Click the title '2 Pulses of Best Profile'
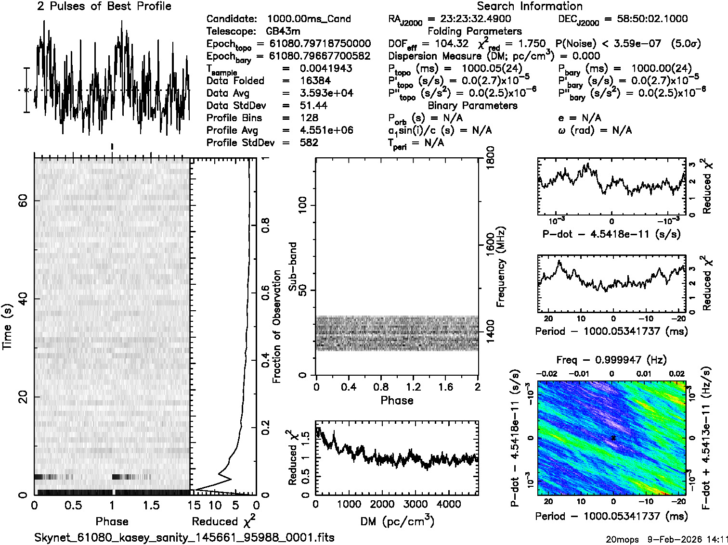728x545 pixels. [x=104, y=6]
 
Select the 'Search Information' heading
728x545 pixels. [x=529, y=6]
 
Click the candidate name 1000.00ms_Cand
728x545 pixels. [x=309, y=19]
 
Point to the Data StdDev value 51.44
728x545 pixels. [x=313, y=105]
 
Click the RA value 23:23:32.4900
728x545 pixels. [x=469, y=19]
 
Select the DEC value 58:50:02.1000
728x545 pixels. [x=646, y=19]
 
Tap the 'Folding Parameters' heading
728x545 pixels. [x=474, y=31]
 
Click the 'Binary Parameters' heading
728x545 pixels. [x=472, y=105]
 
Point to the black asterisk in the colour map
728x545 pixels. [x=613, y=438]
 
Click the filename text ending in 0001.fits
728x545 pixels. [x=184, y=537]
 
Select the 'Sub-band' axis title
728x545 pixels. [x=292, y=266]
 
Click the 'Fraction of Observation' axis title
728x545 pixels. [x=276, y=326]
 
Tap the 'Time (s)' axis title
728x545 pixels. [x=8, y=326]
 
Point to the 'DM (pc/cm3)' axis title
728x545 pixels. [x=397, y=521]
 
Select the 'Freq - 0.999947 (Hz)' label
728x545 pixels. [x=611, y=360]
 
